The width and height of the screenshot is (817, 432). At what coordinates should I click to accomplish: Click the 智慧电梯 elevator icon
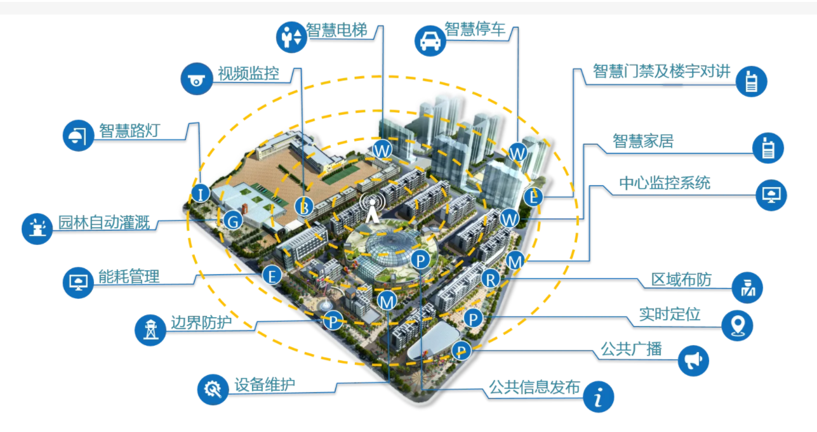291,37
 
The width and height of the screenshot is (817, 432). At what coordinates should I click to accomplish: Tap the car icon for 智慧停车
430,41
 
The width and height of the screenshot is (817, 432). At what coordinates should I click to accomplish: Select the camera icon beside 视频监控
197,79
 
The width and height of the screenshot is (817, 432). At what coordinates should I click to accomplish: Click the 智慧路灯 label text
130,130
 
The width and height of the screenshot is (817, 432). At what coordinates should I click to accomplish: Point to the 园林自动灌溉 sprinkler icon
37,228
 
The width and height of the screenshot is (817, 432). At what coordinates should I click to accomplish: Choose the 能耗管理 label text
129,277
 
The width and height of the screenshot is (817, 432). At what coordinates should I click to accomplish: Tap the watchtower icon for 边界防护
150,330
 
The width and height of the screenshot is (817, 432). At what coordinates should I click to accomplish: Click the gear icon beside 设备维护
213,389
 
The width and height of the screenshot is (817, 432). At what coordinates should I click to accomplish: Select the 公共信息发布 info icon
598,396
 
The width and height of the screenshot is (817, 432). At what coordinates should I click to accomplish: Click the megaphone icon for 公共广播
693,360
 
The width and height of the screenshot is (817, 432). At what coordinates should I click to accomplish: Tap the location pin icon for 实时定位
737,325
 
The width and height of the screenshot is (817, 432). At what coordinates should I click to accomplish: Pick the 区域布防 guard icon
747,287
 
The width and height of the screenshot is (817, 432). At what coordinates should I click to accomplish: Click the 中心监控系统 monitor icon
771,195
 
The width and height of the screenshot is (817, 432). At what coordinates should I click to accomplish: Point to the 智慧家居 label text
643,141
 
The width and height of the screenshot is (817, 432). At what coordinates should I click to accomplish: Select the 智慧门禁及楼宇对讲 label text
661,70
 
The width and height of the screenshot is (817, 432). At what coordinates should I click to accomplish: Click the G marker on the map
233,221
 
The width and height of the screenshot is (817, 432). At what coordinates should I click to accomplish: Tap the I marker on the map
200,193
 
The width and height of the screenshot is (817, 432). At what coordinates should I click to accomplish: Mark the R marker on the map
491,280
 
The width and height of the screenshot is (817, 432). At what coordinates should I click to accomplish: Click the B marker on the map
304,207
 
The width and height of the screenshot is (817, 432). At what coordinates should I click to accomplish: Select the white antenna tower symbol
372,209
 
